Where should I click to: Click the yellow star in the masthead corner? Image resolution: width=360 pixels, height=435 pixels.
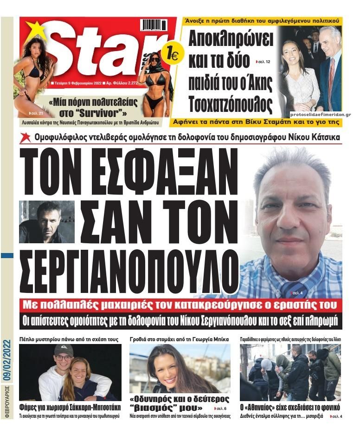35,30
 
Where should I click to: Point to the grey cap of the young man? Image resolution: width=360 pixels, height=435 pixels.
63,350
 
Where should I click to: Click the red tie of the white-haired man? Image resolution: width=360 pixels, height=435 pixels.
331,74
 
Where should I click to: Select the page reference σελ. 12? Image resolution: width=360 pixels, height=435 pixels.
264,62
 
